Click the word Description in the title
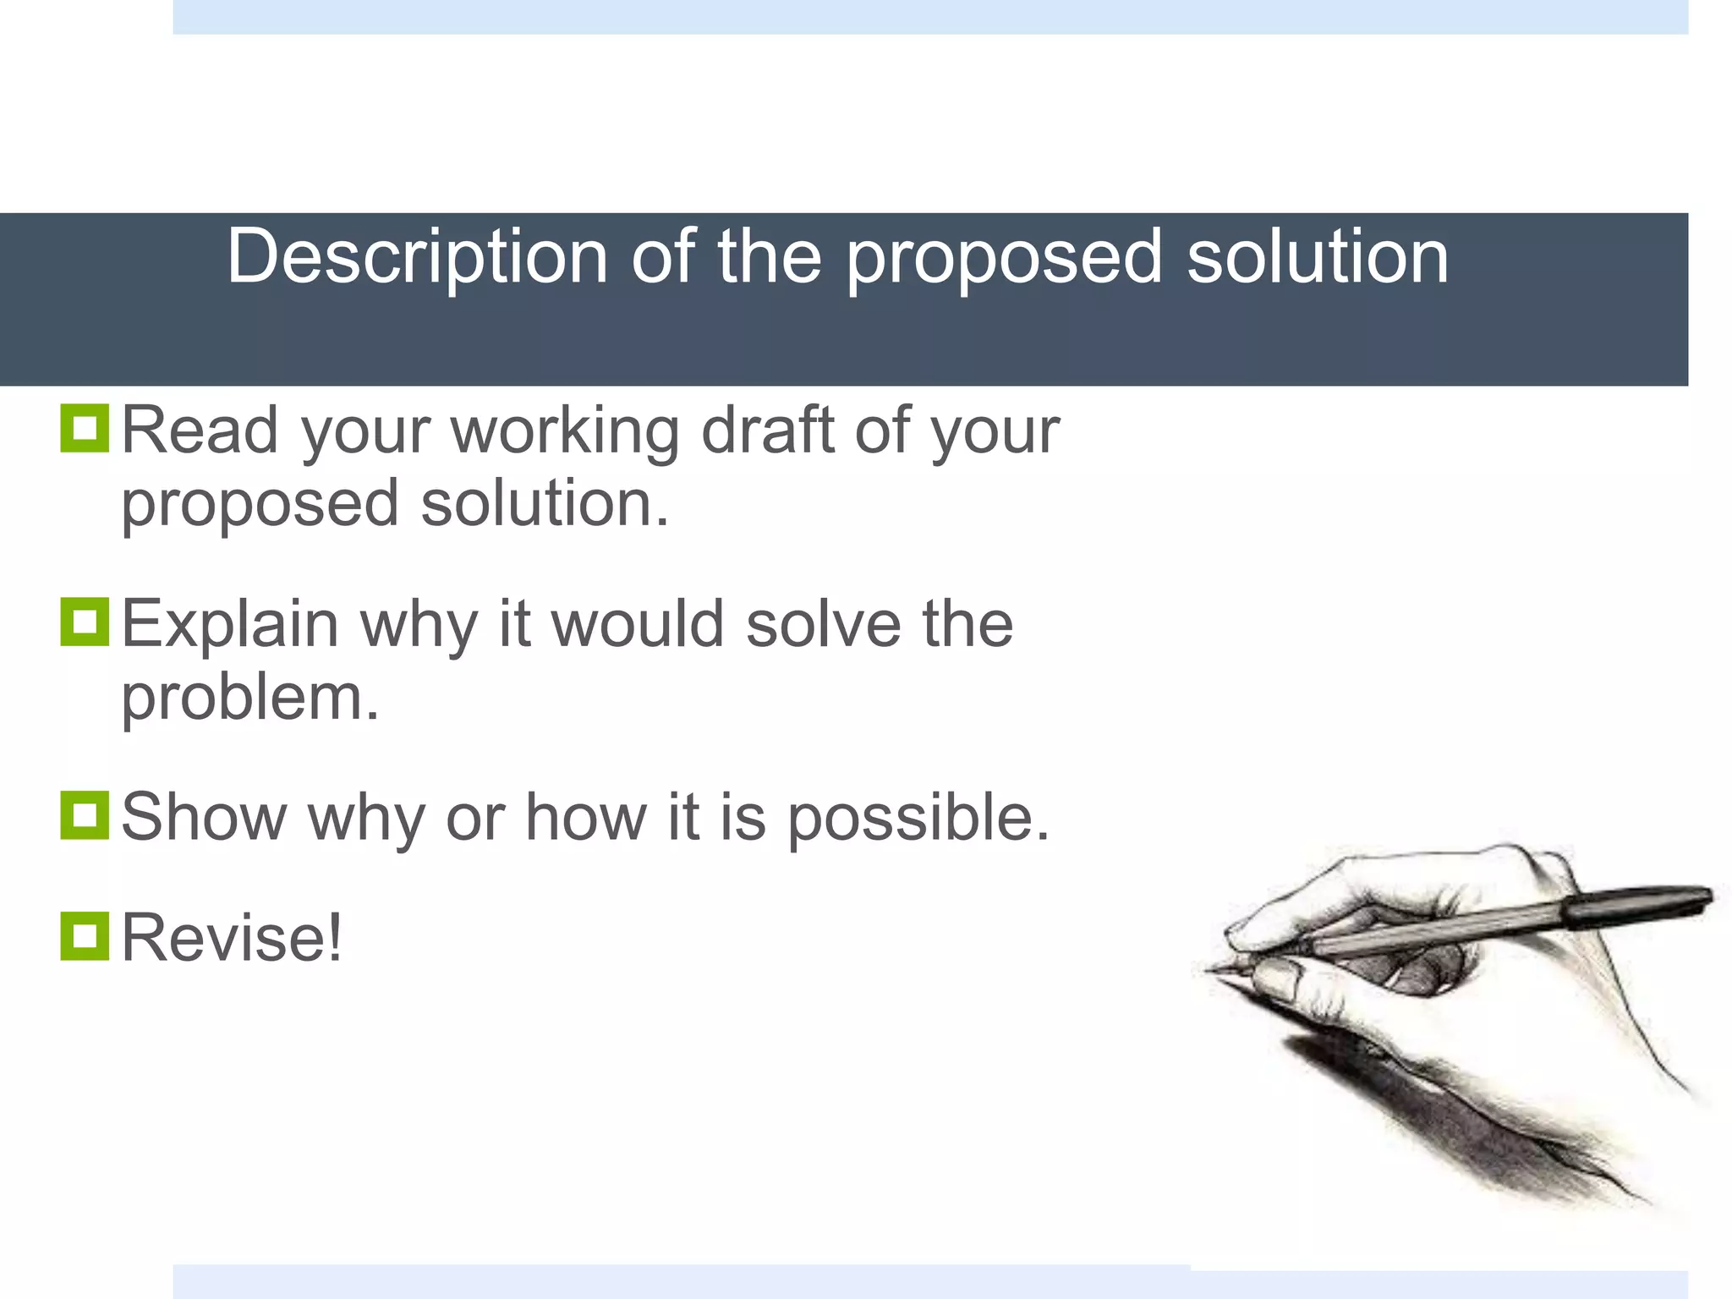[418, 258]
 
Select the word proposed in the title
[1004, 258]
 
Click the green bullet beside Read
[85, 429]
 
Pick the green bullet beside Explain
[85, 622]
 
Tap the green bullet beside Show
[85, 815]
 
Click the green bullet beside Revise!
[85, 935]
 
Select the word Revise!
[232, 937]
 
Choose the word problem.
[249, 699]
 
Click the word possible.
[918, 819]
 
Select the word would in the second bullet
[638, 624]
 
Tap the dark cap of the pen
[1636, 903]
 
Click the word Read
[200, 430]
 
